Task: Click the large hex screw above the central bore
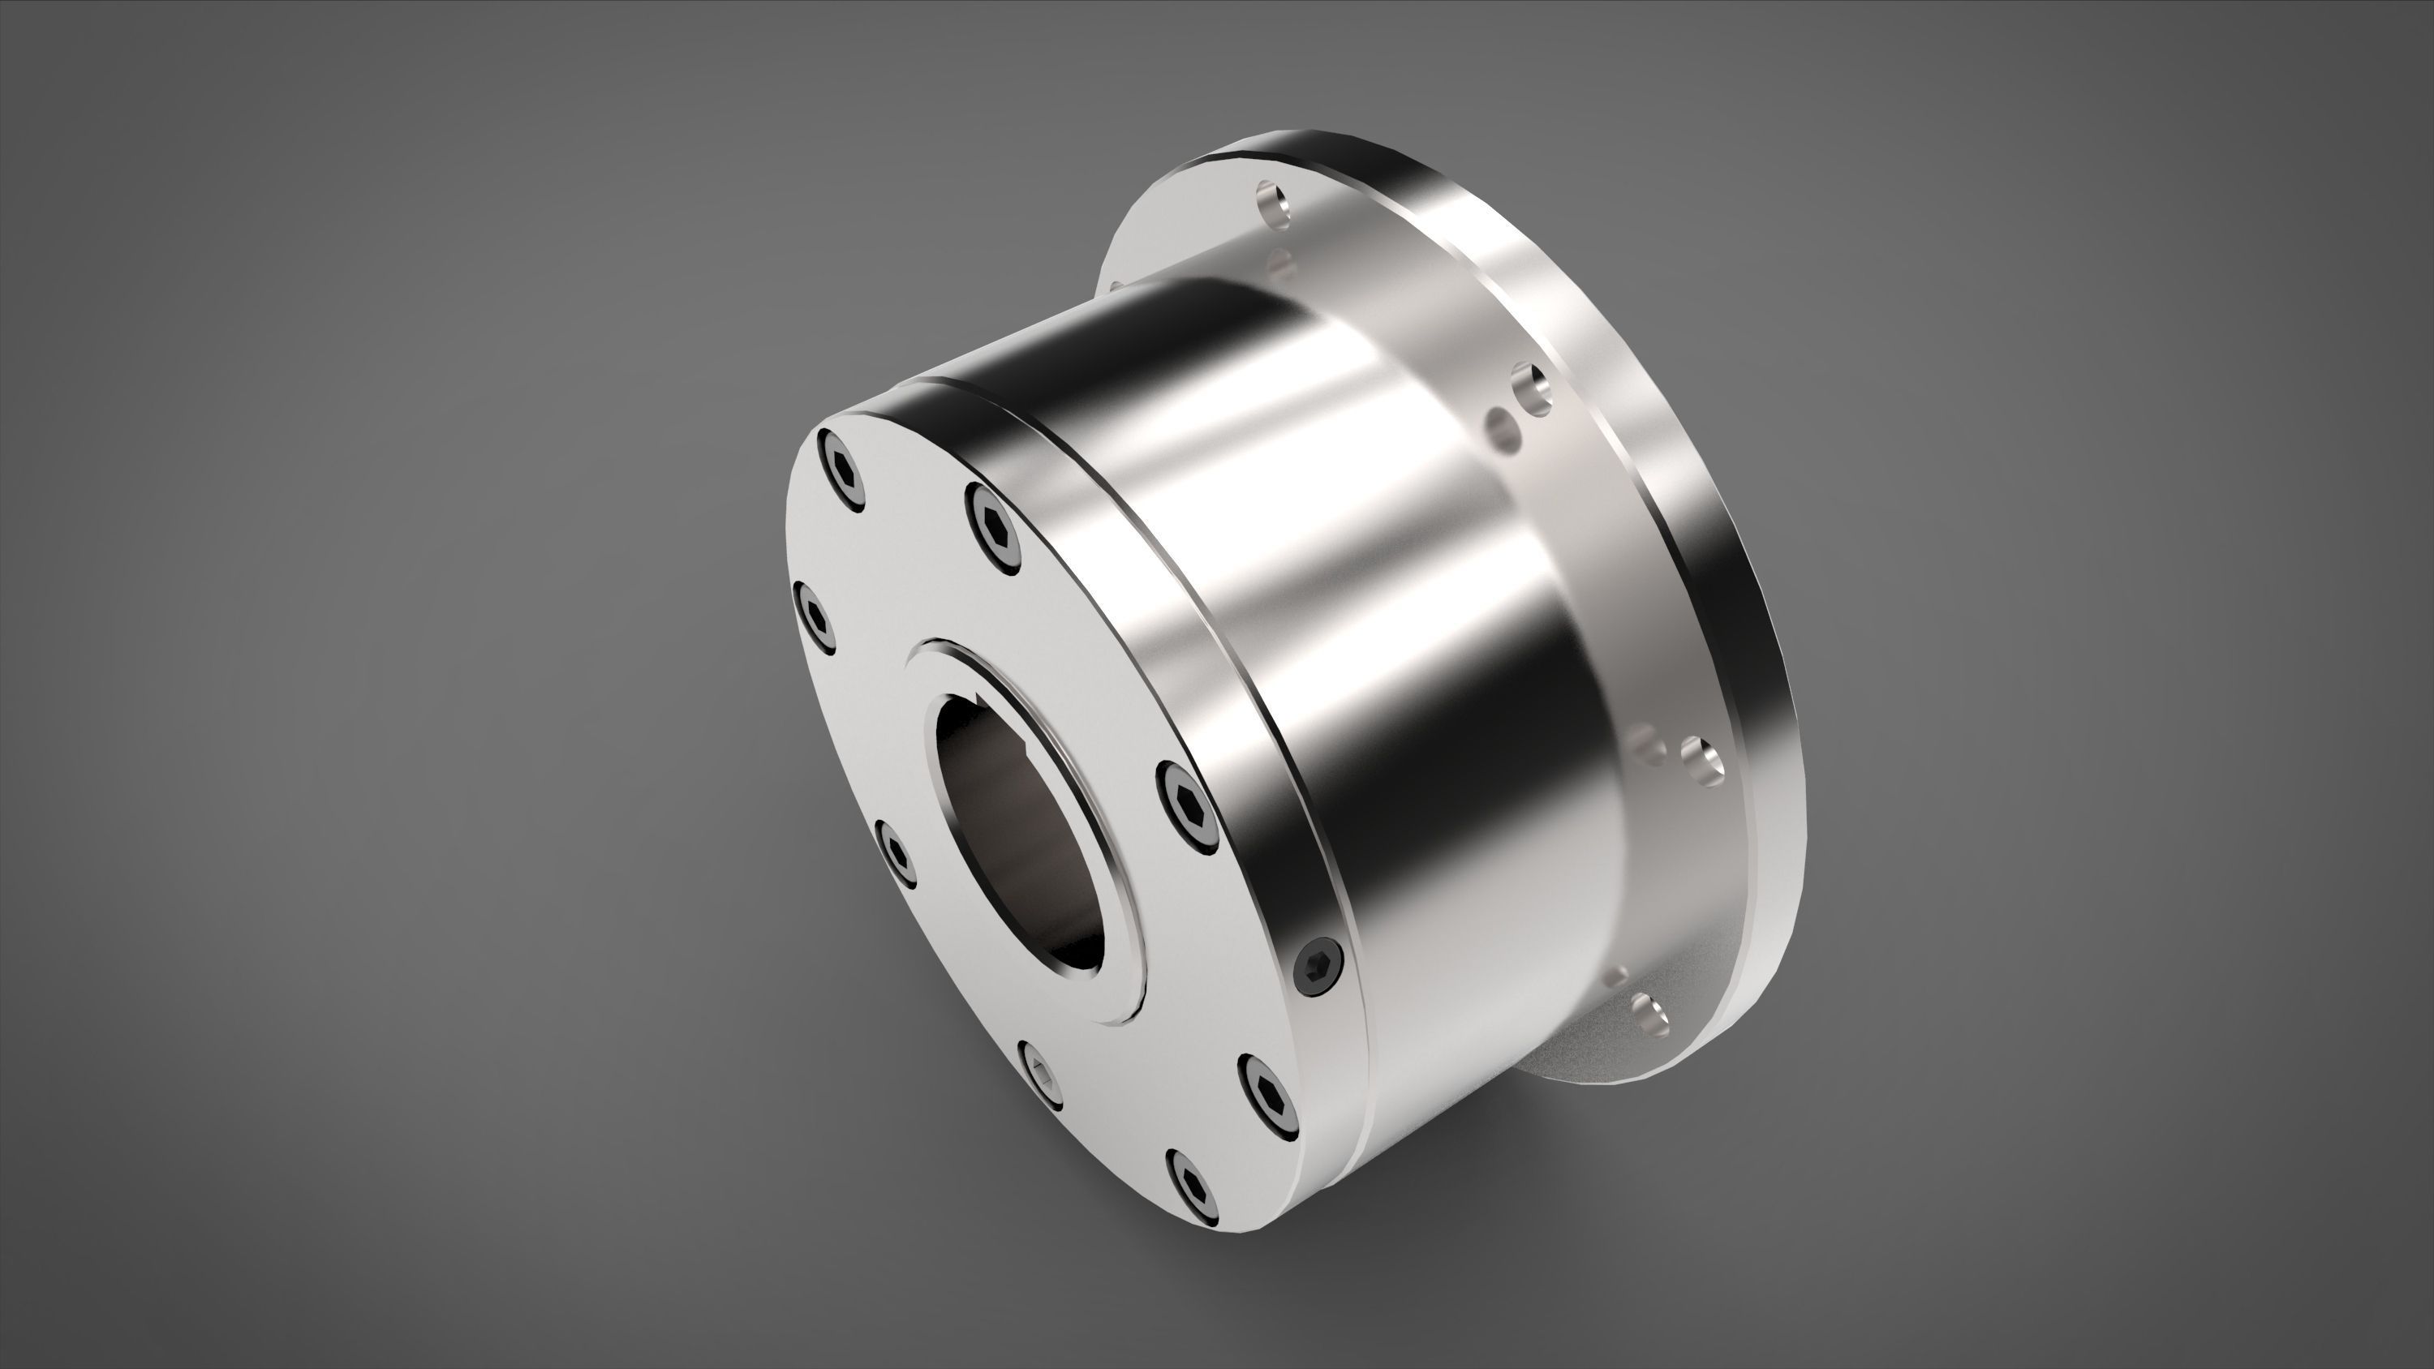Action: click(x=995, y=528)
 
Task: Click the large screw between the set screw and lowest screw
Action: click(x=1265, y=1093)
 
